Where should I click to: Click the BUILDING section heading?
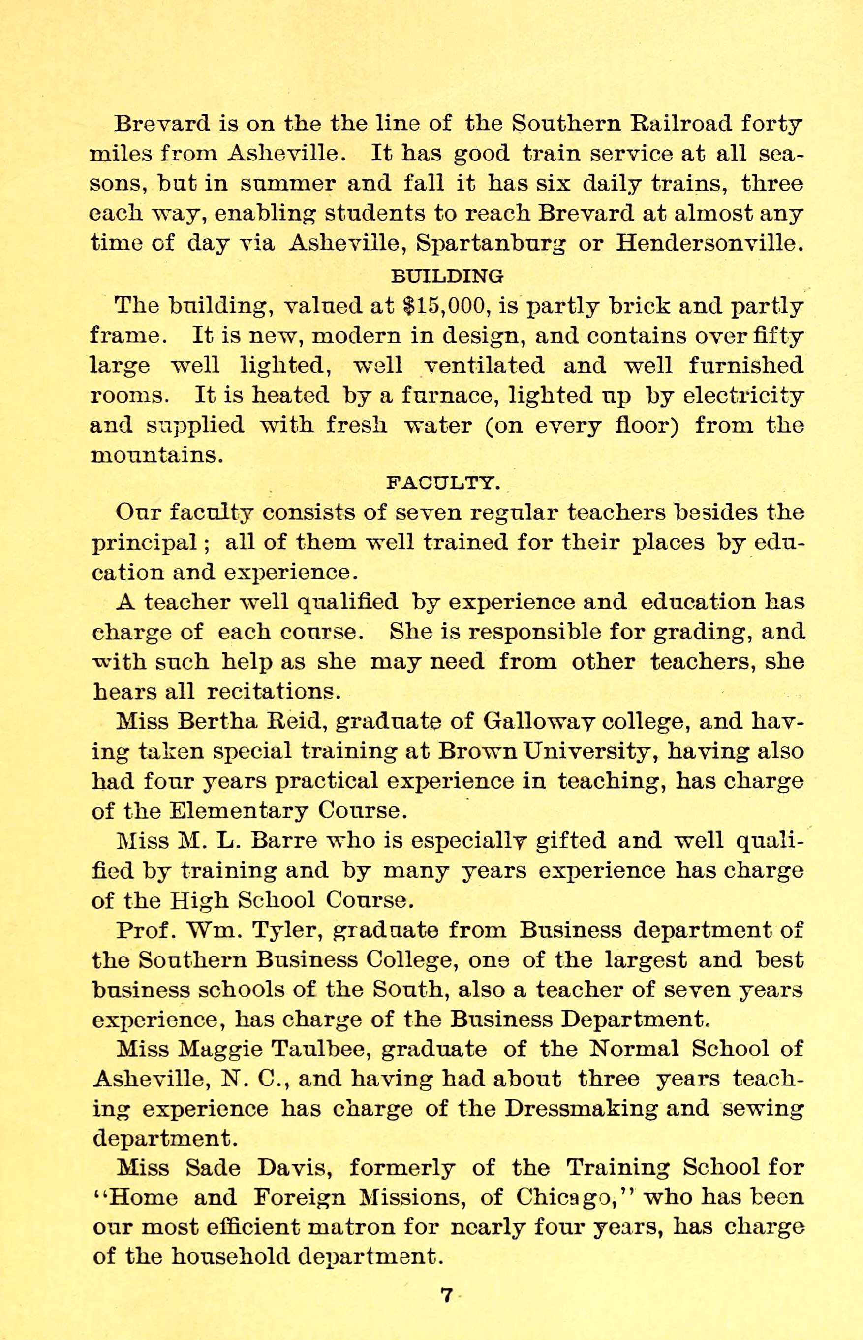point(446,275)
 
